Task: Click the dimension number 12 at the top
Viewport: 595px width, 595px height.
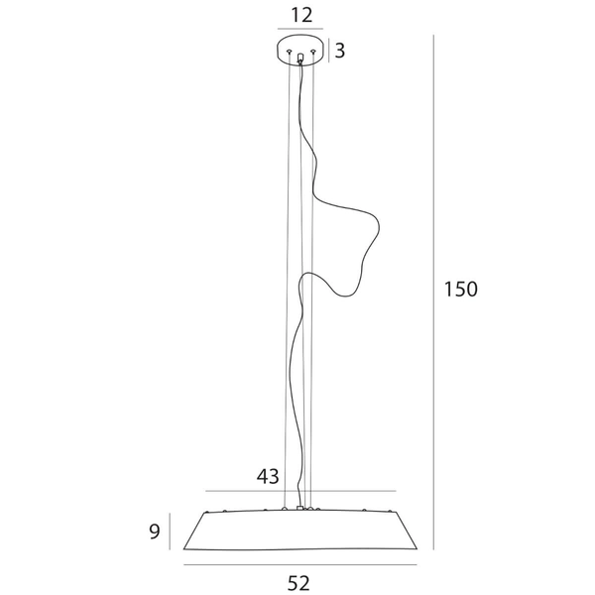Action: pos(301,15)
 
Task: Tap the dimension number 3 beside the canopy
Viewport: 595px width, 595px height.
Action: pos(339,51)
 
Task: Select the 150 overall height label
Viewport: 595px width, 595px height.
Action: pos(461,290)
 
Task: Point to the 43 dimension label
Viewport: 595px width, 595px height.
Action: pos(268,476)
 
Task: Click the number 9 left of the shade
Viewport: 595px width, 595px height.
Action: pos(155,532)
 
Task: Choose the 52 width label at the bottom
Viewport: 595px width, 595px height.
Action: pos(298,583)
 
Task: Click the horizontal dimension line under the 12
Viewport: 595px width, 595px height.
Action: pos(300,29)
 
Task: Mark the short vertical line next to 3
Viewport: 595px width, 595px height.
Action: pos(328,51)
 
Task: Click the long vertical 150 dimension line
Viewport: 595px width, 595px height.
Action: pos(433,293)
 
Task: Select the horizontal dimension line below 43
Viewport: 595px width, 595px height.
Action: pos(300,491)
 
